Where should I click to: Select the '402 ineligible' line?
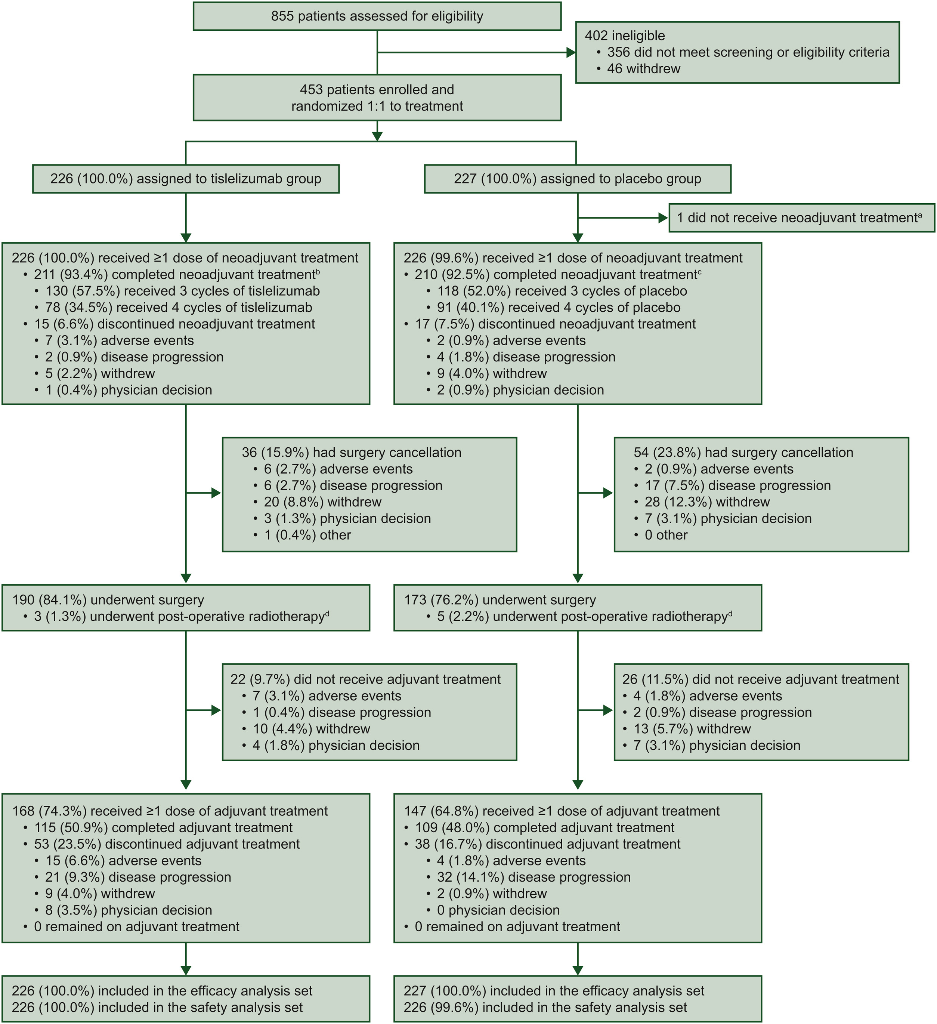[625, 36]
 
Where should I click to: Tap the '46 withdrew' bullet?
[643, 68]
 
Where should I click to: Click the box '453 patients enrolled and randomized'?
[377, 98]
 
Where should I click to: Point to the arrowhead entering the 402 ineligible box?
[571, 52]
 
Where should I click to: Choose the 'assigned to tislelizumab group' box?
[186, 179]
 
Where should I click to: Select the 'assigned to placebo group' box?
[578, 179]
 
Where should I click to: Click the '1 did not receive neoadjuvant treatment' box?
[801, 218]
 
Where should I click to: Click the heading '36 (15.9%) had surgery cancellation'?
[352, 453]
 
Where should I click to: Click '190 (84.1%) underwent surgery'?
[108, 600]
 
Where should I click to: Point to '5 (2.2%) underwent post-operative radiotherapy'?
[584, 617]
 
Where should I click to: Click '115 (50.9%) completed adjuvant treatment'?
[163, 827]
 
